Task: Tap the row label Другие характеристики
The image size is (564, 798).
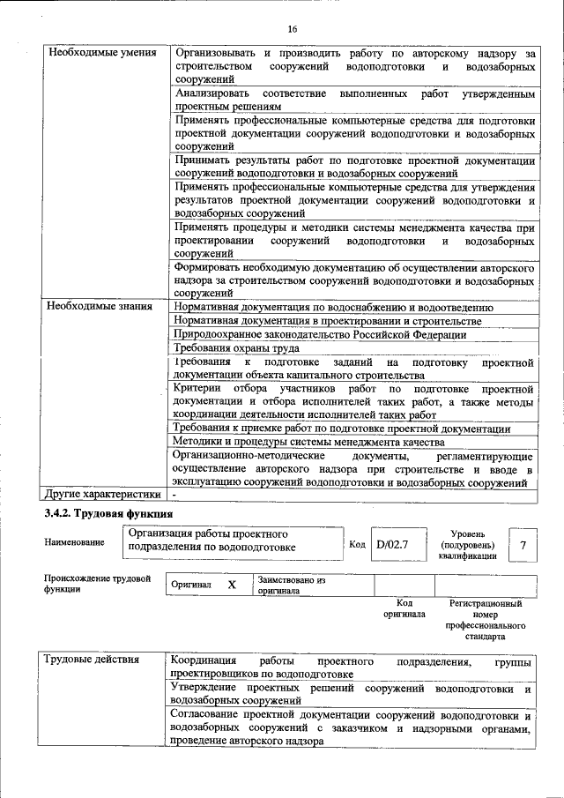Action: click(x=101, y=494)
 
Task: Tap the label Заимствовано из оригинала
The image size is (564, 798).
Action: click(x=292, y=585)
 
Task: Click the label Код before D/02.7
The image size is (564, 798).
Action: click(x=357, y=544)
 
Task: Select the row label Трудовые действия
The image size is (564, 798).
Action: click(x=92, y=660)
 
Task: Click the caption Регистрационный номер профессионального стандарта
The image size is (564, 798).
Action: click(x=485, y=619)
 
